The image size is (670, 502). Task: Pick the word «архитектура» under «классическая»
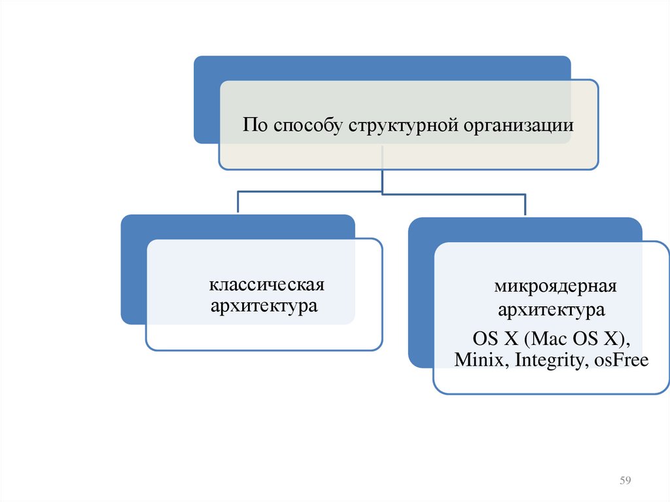click(264, 305)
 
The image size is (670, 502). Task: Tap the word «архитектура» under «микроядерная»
click(551, 308)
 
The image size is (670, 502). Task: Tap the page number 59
click(625, 481)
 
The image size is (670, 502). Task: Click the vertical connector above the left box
click(238, 203)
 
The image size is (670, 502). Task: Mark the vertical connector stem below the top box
click(382, 181)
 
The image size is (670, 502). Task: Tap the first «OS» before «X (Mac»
click(485, 339)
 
